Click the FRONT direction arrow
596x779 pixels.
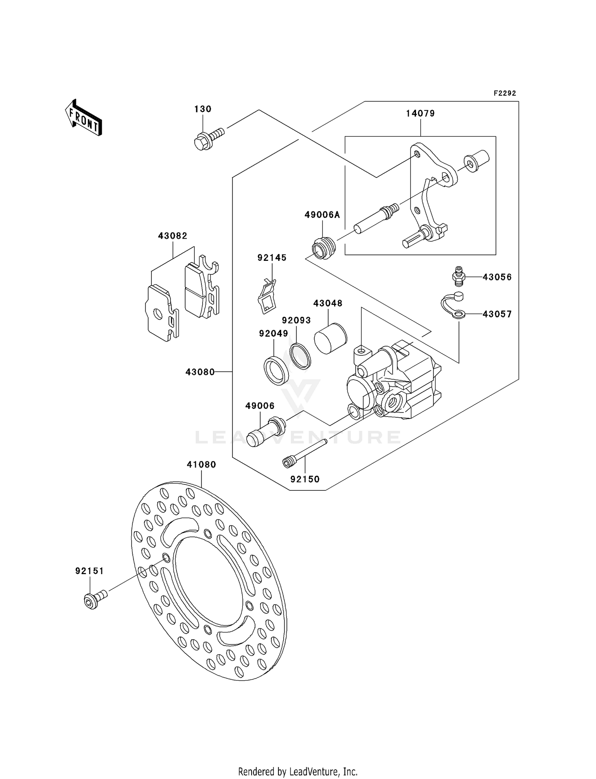point(84,118)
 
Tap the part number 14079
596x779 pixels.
point(420,114)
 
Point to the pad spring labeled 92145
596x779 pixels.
point(266,296)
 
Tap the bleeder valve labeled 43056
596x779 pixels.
point(459,276)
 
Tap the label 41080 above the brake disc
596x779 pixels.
point(201,465)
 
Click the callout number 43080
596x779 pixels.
point(200,372)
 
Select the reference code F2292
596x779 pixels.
point(505,93)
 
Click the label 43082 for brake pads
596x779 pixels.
point(172,236)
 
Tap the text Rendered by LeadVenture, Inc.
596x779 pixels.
point(298,771)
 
